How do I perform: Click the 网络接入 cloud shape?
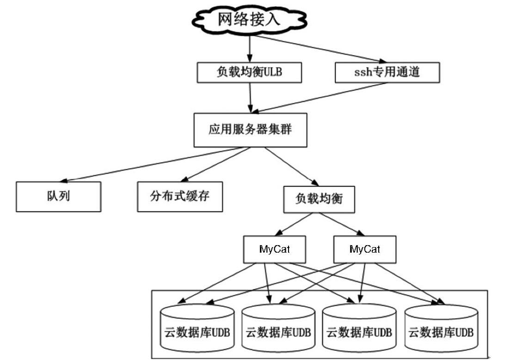coord(250,19)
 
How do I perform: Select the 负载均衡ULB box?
coord(250,73)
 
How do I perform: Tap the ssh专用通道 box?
coord(387,73)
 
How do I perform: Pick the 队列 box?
coord(58,196)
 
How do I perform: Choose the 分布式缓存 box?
coord(180,196)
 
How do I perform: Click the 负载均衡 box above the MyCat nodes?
coord(319,199)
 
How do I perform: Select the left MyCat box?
coord(275,249)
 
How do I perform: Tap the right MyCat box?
coord(364,249)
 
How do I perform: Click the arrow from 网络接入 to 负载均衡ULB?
coord(250,49)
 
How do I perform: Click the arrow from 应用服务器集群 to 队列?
coord(153,164)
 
